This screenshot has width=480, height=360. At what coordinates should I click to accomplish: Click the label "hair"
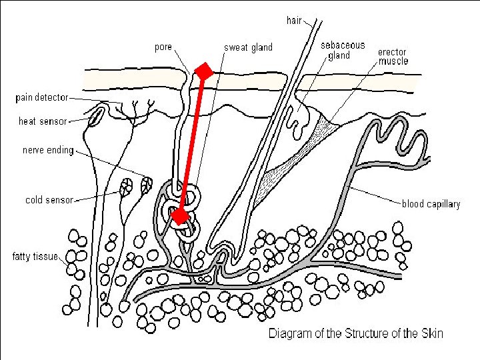[x=295, y=21]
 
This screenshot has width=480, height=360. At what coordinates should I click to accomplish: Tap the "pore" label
[x=163, y=47]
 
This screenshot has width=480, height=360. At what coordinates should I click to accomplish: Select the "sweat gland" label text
[x=248, y=47]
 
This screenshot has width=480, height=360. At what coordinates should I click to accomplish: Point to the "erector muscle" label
[x=393, y=57]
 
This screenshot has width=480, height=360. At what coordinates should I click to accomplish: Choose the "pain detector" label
[x=42, y=98]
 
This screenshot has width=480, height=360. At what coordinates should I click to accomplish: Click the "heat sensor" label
[x=43, y=121]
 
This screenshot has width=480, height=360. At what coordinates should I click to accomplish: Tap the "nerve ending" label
[x=47, y=150]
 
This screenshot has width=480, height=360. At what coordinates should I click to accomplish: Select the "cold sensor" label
[x=49, y=199]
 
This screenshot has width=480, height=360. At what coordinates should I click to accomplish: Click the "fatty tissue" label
[x=35, y=256]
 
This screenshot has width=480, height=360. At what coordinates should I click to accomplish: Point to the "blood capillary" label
[x=431, y=204]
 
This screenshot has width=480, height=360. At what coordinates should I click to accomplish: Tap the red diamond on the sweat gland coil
[x=179, y=216]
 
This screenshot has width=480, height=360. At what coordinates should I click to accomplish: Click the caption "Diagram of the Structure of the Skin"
[x=355, y=333]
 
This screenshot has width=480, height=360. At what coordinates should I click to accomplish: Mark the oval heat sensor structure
[x=97, y=117]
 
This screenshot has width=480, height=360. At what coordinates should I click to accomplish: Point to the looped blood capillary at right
[x=403, y=137]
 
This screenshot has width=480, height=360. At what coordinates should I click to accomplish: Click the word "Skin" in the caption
[x=431, y=333]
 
